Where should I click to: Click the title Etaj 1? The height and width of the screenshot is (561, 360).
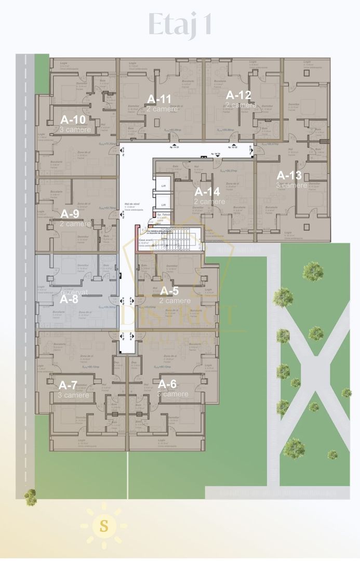tap(180, 24)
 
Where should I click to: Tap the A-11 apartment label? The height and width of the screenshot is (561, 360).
tap(159, 99)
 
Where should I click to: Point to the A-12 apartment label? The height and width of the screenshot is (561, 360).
tap(238, 95)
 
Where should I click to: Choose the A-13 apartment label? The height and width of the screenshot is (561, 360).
tap(289, 176)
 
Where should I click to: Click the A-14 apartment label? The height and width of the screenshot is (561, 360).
tap(207, 192)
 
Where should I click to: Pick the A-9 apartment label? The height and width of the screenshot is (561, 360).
tap(70, 213)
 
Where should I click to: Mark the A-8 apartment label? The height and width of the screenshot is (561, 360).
tap(70, 299)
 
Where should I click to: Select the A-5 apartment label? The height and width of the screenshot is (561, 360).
tap(169, 291)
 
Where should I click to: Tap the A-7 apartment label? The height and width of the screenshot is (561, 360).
tap(68, 385)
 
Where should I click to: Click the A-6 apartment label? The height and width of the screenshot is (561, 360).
tap(167, 384)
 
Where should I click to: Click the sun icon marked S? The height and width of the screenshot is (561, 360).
tap(104, 526)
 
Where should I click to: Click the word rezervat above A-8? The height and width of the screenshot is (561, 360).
tap(74, 292)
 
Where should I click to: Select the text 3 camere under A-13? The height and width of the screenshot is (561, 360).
tap(291, 185)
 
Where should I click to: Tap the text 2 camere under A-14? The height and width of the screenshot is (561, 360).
tap(209, 201)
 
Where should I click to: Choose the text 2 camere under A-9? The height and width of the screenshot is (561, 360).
tap(75, 223)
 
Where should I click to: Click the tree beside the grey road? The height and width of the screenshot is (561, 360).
tap(31, 497)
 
